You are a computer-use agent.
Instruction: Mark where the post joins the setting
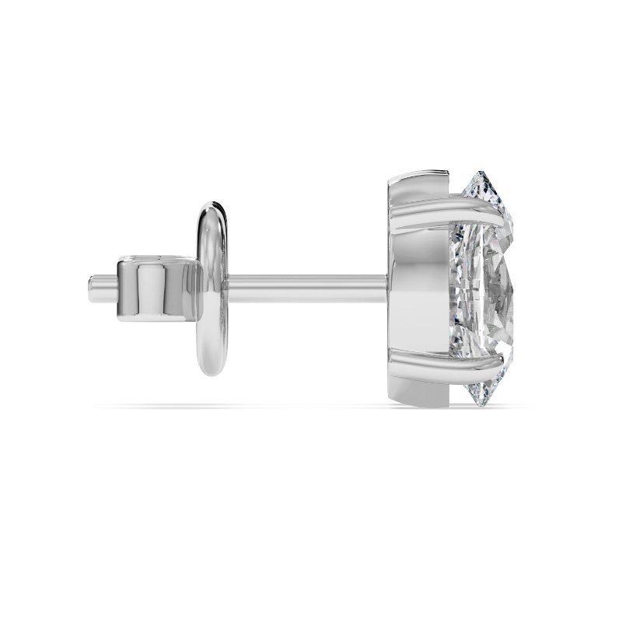[x=385, y=288]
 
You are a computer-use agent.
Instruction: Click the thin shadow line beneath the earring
[x=311, y=407]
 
